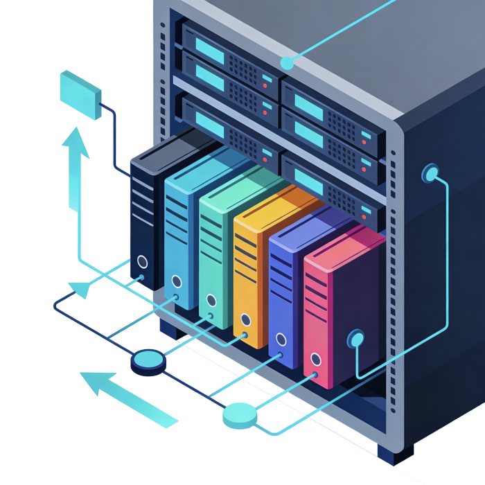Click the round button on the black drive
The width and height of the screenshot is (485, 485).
[142, 262]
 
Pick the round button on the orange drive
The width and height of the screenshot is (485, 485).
[245, 320]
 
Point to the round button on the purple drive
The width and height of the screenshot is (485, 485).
[281, 339]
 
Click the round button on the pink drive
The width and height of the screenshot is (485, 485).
[316, 359]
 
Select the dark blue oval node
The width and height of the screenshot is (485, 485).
[148, 360]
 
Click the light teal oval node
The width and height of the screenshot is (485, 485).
[240, 414]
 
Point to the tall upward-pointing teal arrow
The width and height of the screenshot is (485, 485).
[73, 170]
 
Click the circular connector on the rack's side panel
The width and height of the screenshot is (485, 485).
[430, 173]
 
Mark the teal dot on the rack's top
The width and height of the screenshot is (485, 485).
[287, 63]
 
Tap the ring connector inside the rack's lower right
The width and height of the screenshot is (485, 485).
[356, 339]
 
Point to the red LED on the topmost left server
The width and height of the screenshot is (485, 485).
[265, 84]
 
